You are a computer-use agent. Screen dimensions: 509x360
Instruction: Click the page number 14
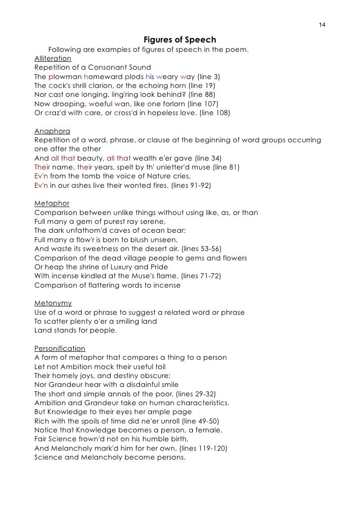point(322,26)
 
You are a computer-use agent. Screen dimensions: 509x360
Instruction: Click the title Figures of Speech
point(180,40)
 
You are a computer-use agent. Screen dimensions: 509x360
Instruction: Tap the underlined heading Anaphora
point(52,131)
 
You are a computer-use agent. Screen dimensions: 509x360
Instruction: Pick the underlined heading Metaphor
point(51,204)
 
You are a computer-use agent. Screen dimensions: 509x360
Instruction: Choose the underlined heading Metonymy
point(53,303)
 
